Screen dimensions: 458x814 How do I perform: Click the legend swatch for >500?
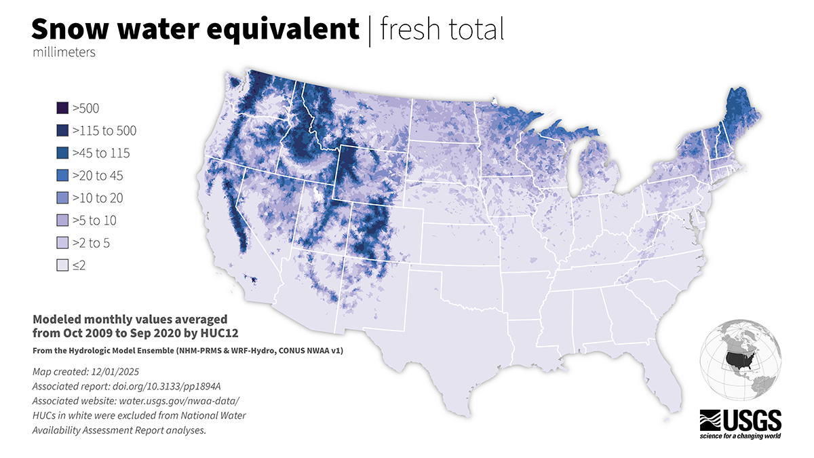coord(62,108)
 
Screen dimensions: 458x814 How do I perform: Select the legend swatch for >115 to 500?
coord(62,130)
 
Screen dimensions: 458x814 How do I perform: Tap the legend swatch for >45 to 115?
coord(62,153)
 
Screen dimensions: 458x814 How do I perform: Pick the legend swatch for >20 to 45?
coord(62,175)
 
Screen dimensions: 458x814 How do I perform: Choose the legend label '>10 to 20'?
coord(99,198)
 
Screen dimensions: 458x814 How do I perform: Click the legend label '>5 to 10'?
coord(96,221)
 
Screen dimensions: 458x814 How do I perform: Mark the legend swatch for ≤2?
coord(62,265)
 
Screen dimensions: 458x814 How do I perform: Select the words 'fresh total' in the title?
coord(442,30)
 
